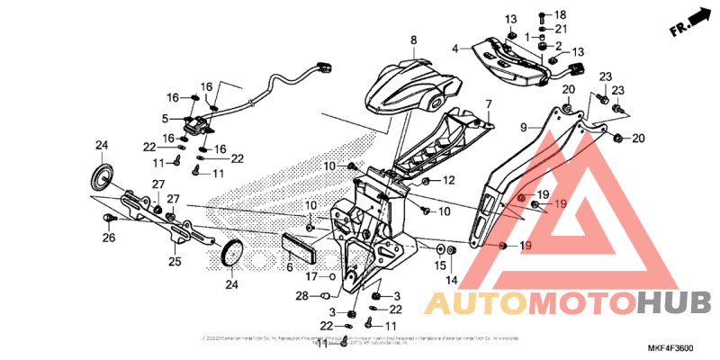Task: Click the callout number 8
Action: tap(414, 40)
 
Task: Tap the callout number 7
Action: tap(489, 104)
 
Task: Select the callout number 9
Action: tap(522, 129)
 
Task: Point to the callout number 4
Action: tap(455, 49)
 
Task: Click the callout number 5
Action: tap(165, 118)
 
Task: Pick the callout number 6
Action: tap(290, 268)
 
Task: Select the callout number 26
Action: tap(109, 238)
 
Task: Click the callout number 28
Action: tap(301, 294)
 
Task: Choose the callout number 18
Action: tap(560, 16)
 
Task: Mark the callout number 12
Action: tap(448, 181)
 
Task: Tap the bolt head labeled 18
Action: tap(542, 16)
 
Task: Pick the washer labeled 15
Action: tap(438, 247)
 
